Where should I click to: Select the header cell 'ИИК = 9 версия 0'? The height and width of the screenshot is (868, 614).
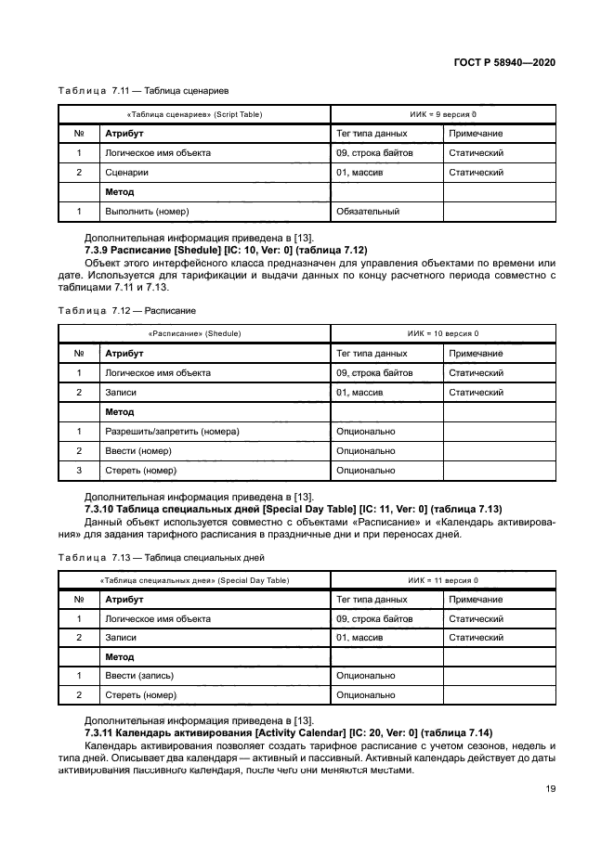click(x=443, y=114)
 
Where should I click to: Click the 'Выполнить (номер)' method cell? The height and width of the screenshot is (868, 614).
click(x=147, y=212)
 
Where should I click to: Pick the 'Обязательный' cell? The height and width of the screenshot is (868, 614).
click(x=368, y=212)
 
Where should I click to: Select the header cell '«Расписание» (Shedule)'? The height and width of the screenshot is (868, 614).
click(x=194, y=333)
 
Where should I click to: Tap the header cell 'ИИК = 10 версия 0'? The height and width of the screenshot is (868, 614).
click(x=443, y=333)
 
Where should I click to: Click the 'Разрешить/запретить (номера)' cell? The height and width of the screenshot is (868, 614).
click(x=172, y=431)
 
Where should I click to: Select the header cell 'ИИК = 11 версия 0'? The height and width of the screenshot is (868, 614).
click(x=443, y=580)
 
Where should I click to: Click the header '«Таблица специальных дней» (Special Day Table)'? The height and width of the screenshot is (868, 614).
click(x=194, y=580)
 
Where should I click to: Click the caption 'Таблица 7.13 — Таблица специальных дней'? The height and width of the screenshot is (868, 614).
click(x=162, y=557)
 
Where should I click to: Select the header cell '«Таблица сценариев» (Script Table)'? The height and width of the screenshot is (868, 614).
click(x=194, y=114)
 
